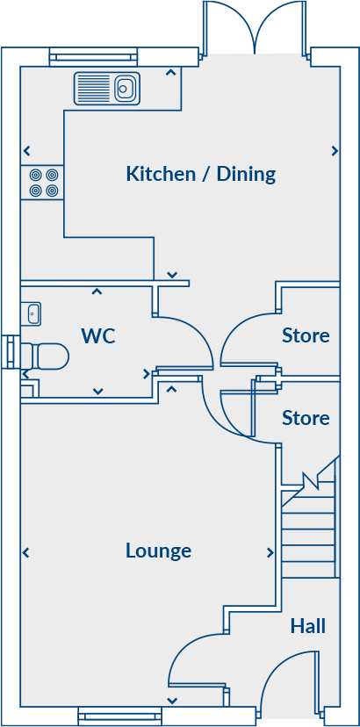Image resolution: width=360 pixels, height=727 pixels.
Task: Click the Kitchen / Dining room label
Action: click(x=201, y=175)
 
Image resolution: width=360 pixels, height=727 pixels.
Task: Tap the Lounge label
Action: click(x=158, y=551)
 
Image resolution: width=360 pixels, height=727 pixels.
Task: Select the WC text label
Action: click(x=98, y=335)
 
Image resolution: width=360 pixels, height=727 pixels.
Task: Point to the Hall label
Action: click(x=308, y=626)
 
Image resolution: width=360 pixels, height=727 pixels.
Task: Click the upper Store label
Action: click(x=306, y=335)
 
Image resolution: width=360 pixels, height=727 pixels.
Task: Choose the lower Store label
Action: click(x=306, y=418)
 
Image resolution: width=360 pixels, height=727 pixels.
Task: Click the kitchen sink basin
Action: click(x=124, y=88)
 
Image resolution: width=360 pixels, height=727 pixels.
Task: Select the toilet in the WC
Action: click(x=45, y=356)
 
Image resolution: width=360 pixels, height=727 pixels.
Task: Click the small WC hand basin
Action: click(x=31, y=313)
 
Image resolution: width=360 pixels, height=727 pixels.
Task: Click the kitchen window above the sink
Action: click(x=93, y=57)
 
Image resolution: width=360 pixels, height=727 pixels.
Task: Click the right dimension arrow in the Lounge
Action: click(x=270, y=552)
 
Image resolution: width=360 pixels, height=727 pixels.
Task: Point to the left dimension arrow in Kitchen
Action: click(x=26, y=151)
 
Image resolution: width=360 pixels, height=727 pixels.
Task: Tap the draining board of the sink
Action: click(x=95, y=88)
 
